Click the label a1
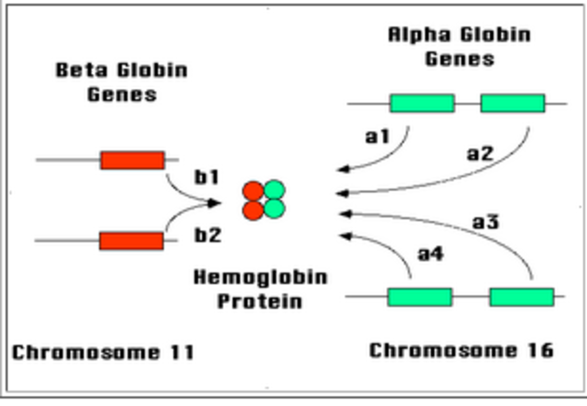[378, 137]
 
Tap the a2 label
[480, 154]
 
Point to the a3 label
[486, 223]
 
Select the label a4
[430, 254]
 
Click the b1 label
[207, 178]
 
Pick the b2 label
[208, 235]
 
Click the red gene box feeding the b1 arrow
[133, 160]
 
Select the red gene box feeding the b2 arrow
[132, 241]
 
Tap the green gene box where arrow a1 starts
[422, 103]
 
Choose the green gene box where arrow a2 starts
[513, 103]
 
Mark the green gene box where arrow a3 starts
[521, 297]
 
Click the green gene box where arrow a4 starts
[420, 297]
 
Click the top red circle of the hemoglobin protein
[253, 191]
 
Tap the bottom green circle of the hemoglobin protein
[274, 208]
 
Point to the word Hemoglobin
[260, 277]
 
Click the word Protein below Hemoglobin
[260, 301]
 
